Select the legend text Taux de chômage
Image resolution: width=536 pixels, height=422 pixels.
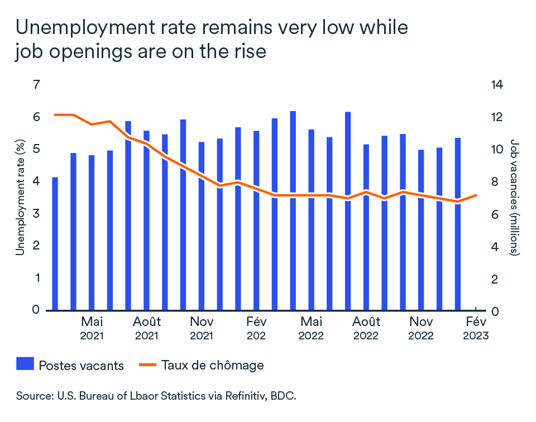(x=212, y=366)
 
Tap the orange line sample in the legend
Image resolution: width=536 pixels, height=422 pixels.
(x=147, y=366)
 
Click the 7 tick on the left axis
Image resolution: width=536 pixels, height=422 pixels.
(x=37, y=85)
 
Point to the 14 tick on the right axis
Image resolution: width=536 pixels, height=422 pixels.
(x=497, y=85)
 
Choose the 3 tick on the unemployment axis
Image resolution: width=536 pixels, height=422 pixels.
(x=37, y=214)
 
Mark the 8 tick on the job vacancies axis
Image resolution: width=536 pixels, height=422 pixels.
(x=494, y=181)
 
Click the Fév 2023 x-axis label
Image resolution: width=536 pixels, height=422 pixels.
(x=476, y=328)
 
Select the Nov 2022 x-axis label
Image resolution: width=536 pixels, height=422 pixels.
(x=421, y=328)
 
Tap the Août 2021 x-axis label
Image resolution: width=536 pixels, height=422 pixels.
(x=147, y=328)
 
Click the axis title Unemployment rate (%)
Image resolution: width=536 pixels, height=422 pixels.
(x=20, y=197)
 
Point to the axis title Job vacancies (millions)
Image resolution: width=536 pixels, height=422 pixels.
(x=515, y=197)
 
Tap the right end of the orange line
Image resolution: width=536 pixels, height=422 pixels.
(x=476, y=195)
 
